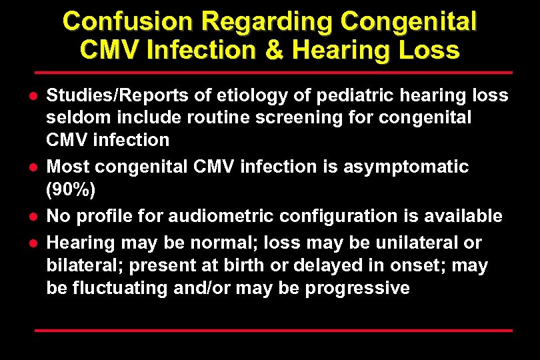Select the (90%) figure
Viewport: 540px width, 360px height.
(x=71, y=190)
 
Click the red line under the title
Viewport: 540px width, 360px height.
(x=273, y=72)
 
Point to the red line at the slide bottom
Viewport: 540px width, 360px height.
(x=273, y=330)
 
